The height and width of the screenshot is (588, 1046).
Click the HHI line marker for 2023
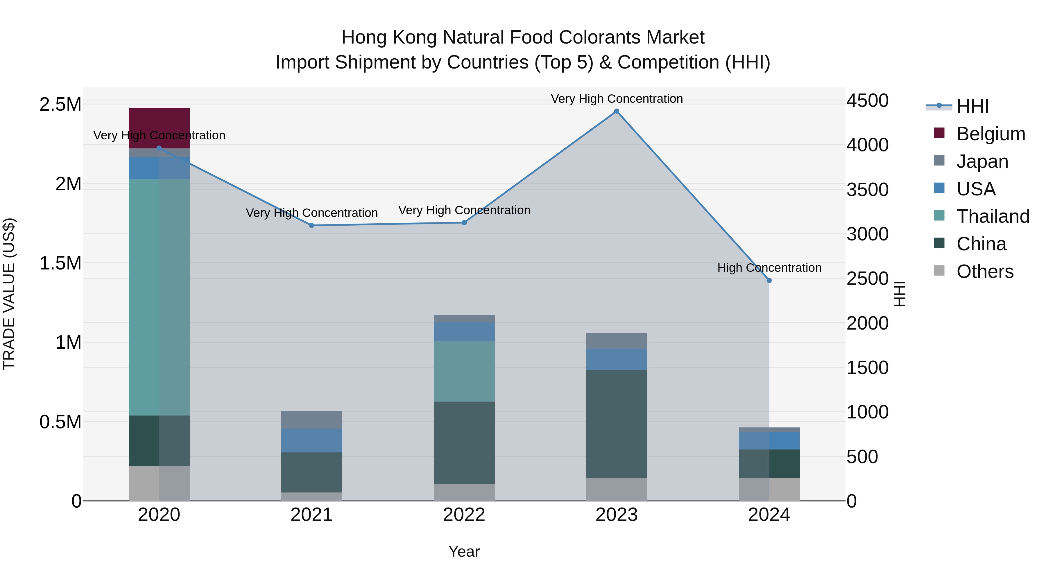616,111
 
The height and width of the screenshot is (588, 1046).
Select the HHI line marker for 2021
311,225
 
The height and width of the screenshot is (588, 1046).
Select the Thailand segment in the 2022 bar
464,371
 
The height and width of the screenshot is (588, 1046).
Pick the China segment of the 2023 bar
616,424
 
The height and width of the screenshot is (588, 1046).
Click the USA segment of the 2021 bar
311,440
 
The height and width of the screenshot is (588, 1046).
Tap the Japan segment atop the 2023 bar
616,341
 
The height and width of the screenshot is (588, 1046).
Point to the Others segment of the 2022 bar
464,492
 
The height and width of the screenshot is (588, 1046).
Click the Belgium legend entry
991,134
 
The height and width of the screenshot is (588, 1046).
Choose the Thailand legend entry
993,216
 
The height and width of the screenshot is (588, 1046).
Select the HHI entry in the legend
972,106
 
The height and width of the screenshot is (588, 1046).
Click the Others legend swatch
939,271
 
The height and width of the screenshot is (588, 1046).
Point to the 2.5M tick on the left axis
60,105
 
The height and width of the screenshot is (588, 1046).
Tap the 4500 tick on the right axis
867,101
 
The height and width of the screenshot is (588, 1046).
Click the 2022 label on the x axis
464,515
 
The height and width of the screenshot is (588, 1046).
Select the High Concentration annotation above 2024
769,268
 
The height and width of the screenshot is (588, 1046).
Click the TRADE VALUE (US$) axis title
9,294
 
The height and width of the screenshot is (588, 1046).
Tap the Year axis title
464,551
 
